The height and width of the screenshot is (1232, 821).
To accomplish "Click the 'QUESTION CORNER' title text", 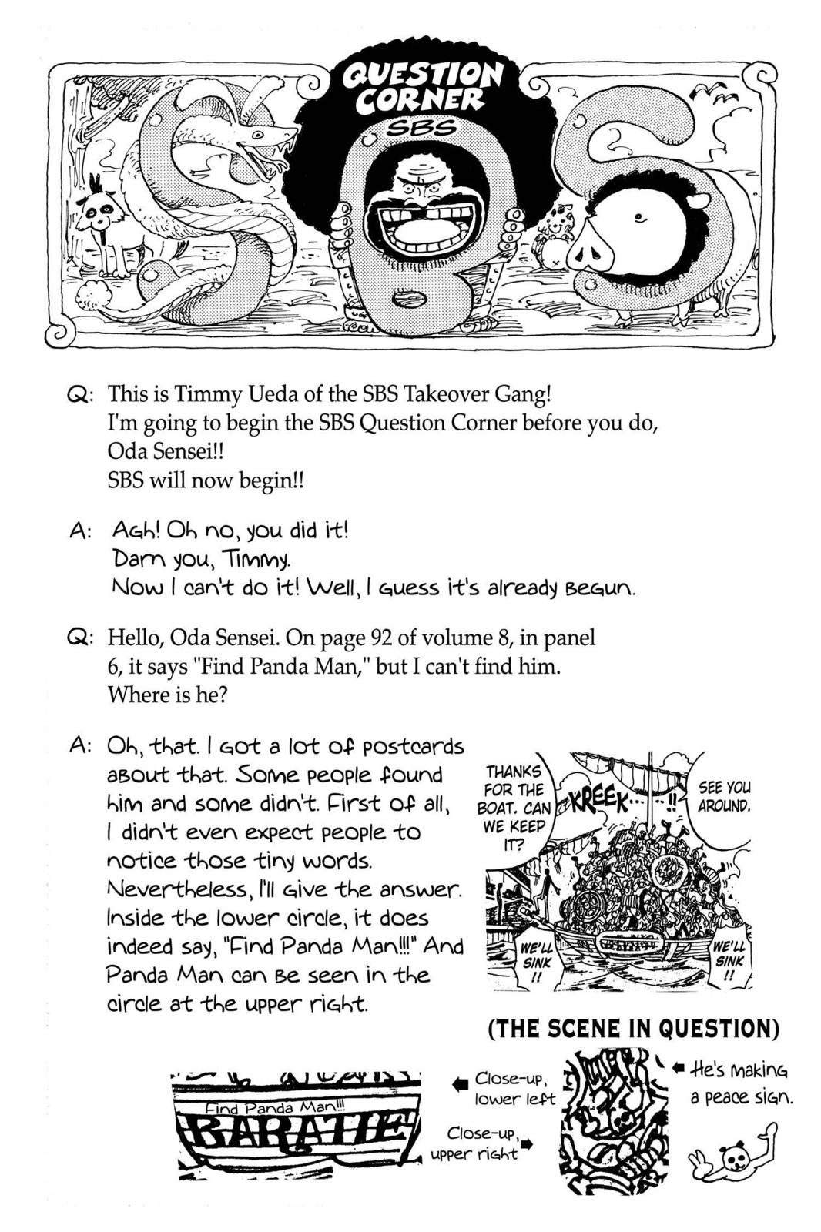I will (x=422, y=87).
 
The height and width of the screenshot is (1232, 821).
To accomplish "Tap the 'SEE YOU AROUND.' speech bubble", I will (x=723, y=796).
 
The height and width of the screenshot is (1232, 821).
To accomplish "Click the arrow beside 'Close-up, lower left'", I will (x=460, y=1084).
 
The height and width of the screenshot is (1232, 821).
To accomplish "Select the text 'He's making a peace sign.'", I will (x=739, y=1083).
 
